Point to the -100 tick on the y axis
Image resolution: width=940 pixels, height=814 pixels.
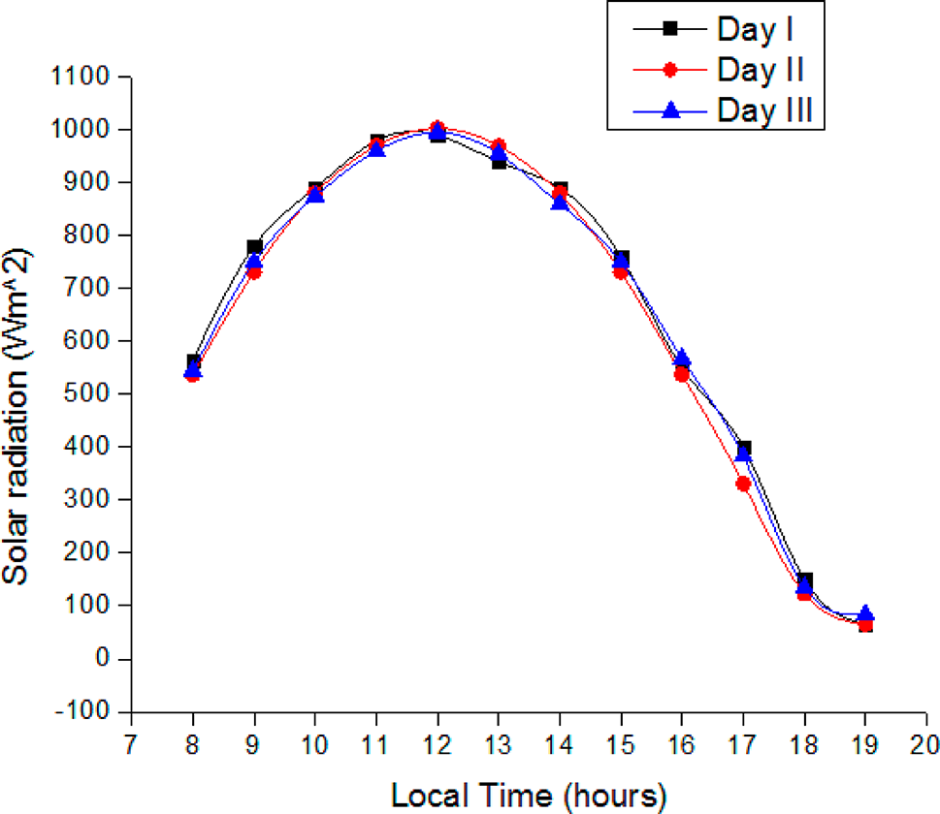[x=86, y=711]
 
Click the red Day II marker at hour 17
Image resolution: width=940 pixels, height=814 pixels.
[x=744, y=484]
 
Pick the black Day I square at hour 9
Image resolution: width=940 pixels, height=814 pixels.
[x=254, y=247]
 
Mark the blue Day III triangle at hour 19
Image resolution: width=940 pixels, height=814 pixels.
[x=865, y=614]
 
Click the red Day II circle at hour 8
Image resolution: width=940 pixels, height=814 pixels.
[x=193, y=374]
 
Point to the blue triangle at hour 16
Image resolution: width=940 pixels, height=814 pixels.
[x=682, y=359]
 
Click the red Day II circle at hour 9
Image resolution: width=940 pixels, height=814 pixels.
[x=254, y=272]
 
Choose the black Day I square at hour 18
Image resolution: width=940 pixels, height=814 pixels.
[x=805, y=579]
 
